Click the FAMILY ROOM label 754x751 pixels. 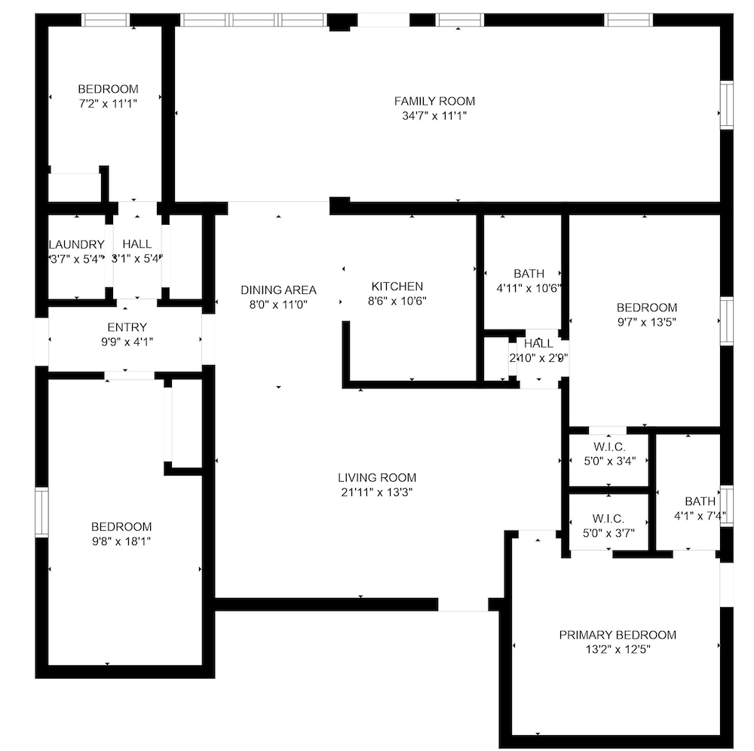(434, 101)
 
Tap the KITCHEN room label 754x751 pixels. (397, 287)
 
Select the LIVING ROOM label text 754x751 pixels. (377, 478)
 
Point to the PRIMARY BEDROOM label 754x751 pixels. (618, 635)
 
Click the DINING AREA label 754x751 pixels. (278, 290)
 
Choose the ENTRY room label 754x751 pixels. (127, 327)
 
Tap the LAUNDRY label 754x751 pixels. (77, 244)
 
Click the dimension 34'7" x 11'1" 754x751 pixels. (434, 116)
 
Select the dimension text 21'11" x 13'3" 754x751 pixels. (377, 492)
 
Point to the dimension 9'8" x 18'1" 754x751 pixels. (121, 541)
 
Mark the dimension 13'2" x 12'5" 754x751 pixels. (618, 649)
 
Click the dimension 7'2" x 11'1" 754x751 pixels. (108, 103)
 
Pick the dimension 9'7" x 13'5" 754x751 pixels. (647, 322)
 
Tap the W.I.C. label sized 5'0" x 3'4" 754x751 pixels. (609, 446)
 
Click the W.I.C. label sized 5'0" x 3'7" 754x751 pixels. (608, 519)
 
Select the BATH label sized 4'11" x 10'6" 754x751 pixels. (529, 274)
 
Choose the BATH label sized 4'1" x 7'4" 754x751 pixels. (700, 501)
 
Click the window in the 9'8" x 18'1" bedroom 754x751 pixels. (41, 511)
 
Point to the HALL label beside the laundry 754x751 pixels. (137, 244)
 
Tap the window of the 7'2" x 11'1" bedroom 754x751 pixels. (106, 20)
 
